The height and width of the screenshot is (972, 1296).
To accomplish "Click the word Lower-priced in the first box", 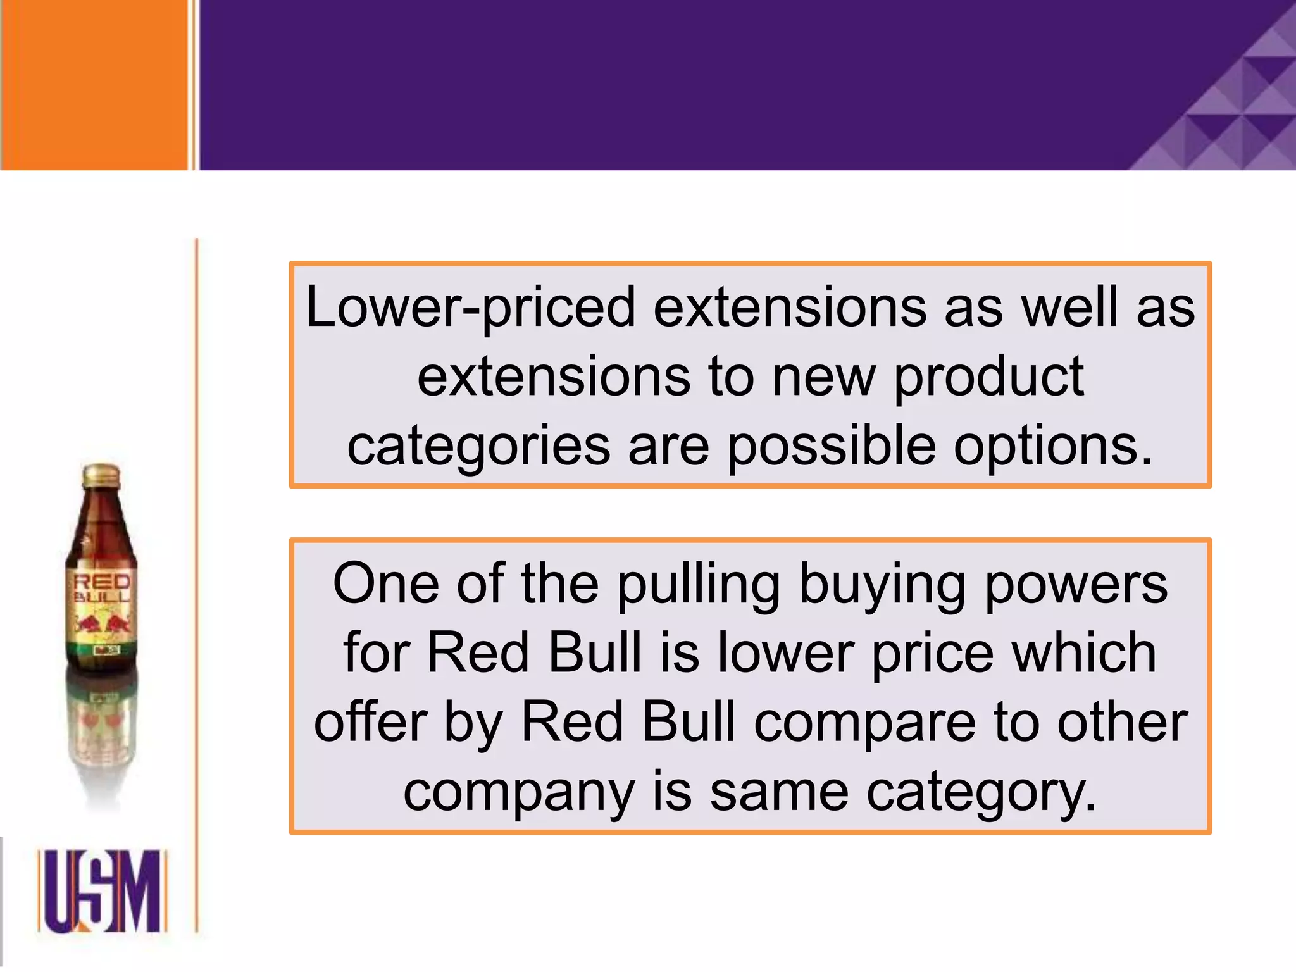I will (470, 308).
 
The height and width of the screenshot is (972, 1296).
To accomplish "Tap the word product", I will (989, 378).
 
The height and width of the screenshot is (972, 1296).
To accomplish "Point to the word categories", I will (478, 447).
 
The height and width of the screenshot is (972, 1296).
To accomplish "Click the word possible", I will (831, 446).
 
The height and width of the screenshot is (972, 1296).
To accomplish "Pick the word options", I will (1053, 447).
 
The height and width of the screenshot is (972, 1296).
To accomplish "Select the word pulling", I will (699, 585).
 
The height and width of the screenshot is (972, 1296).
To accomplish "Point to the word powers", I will (1076, 585).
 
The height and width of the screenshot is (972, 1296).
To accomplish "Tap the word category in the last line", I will (981, 793).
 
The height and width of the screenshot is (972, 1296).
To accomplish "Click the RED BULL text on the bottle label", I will (102, 588).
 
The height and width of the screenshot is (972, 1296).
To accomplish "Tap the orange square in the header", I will (95, 84).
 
